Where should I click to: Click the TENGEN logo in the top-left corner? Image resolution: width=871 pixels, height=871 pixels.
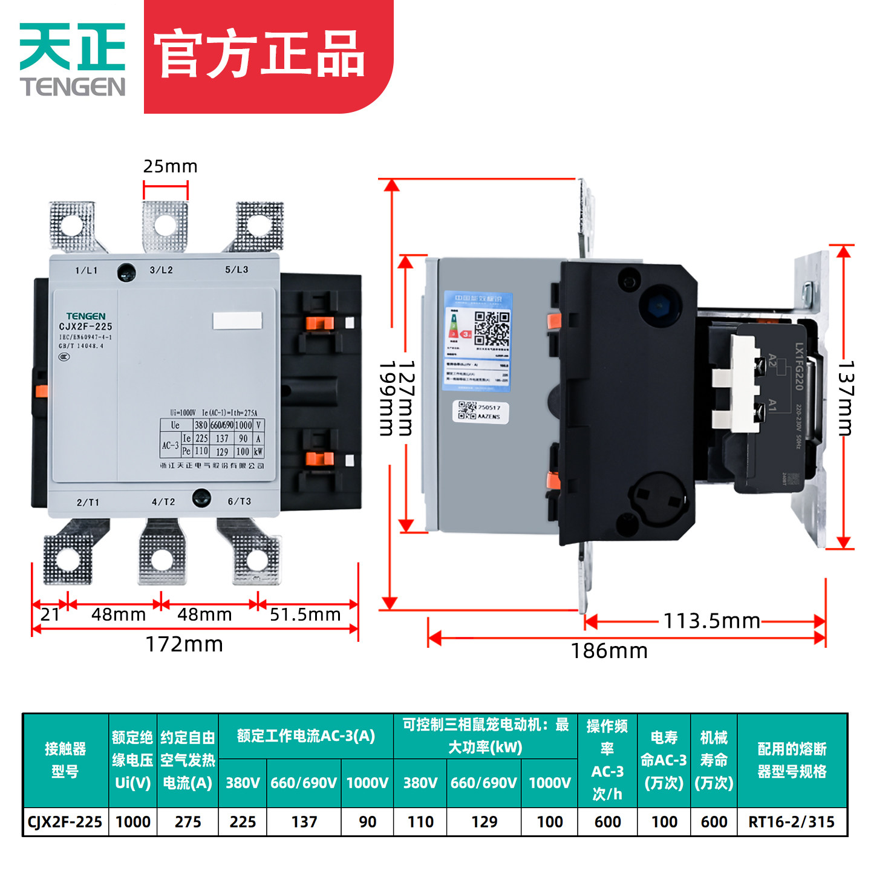(73, 59)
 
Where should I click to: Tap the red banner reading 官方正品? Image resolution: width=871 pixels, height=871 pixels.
(260, 56)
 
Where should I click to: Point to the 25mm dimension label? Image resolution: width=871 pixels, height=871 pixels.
(170, 166)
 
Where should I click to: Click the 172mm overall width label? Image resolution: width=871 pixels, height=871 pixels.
(184, 645)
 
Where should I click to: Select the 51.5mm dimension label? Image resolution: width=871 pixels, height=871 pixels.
(305, 615)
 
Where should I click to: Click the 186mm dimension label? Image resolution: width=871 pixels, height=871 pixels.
(609, 651)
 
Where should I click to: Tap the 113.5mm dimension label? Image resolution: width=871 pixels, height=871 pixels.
(711, 621)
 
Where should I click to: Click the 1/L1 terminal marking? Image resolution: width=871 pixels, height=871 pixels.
(86, 270)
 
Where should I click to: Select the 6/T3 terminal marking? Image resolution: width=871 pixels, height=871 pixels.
(239, 501)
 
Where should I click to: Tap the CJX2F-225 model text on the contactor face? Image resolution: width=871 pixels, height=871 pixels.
(85, 327)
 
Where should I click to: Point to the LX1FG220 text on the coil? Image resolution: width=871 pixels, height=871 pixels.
(799, 367)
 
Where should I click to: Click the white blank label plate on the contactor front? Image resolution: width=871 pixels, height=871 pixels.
(237, 321)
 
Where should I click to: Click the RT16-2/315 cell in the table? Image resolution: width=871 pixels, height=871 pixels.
(791, 822)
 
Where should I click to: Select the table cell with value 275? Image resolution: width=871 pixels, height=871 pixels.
(188, 822)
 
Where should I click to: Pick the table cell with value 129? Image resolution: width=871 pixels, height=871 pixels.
(484, 822)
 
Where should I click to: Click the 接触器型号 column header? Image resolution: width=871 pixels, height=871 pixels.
(65, 760)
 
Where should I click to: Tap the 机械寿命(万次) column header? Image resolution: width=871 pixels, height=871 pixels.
(714, 760)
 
